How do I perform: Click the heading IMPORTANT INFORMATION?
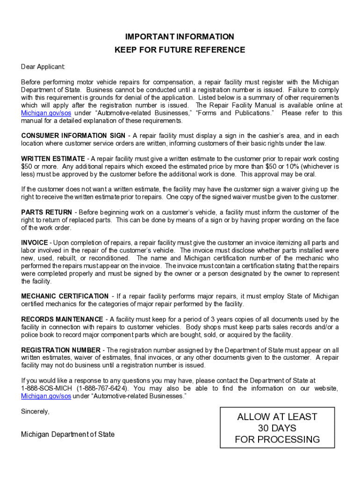pos(180,36)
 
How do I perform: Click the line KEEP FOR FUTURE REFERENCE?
pos(180,50)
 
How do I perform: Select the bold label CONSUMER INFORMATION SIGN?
pos(73,136)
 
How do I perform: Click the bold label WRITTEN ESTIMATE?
pos(53,159)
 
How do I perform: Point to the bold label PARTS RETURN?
pos(46,212)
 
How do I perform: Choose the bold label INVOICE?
pos(34,243)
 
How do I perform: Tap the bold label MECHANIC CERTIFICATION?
pos(65,297)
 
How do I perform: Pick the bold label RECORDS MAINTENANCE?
pos(62,319)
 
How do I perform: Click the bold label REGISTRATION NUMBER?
pos(60,350)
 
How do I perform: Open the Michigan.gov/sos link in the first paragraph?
pos(46,113)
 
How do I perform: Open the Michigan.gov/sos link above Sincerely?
pos(46,396)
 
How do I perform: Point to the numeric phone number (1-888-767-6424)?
pos(103,389)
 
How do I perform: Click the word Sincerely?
pos(35,412)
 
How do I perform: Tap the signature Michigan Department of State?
pos(67,435)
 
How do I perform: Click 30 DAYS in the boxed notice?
pos(277,428)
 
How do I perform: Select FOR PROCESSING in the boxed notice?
pos(277,440)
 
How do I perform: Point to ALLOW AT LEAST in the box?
pos(277,417)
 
